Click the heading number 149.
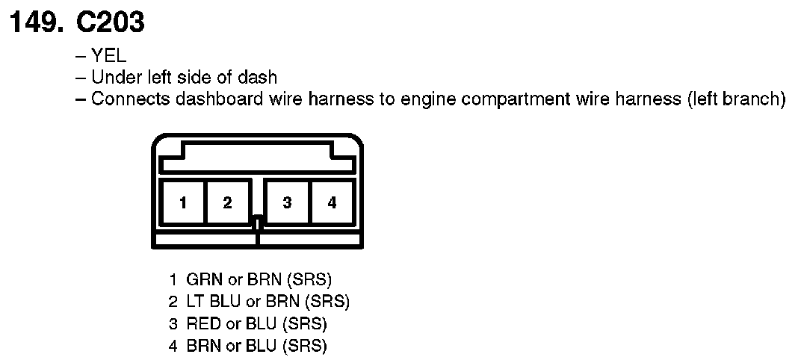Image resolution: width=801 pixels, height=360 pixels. tap(36, 22)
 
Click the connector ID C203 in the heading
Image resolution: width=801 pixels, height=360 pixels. tap(109, 22)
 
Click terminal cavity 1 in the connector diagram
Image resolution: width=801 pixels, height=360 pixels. tap(182, 202)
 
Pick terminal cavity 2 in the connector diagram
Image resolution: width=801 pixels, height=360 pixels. tap(227, 202)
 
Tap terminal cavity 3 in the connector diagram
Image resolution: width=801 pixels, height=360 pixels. tap(287, 202)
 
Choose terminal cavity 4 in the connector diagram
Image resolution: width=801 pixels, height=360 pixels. tap(332, 202)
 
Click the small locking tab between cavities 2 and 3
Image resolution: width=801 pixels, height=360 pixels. tap(257, 222)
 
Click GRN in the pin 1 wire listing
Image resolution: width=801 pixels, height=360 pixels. tap(200, 280)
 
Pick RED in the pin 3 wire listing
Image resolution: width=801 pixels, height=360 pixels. tap(200, 324)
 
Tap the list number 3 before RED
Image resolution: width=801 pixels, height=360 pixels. tap(173, 324)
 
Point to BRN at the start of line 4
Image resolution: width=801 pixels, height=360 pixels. tap(200, 346)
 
